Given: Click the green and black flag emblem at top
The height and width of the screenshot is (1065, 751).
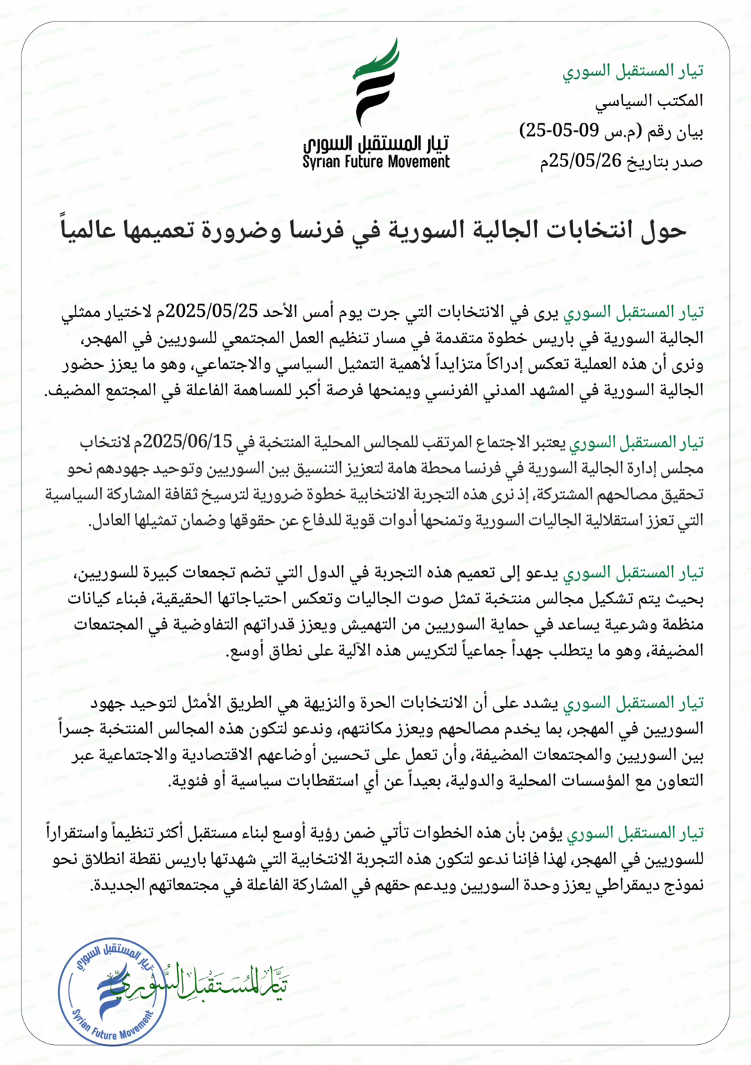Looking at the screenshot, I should [377, 81].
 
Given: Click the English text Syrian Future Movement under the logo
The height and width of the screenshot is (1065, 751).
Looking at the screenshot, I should [375, 162].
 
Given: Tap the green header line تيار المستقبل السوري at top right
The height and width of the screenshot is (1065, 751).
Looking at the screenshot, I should [633, 71].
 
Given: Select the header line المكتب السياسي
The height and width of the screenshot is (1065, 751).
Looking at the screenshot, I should [648, 101].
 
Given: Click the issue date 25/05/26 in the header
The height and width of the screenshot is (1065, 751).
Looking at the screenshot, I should [585, 162].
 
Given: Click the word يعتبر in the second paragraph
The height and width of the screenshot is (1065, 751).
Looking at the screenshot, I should [550, 442].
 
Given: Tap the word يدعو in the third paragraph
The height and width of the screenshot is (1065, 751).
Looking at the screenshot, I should [543, 573].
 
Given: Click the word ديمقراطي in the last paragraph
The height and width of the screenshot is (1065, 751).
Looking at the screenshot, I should [626, 885].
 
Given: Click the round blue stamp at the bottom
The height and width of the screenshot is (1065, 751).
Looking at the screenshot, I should [112, 989].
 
